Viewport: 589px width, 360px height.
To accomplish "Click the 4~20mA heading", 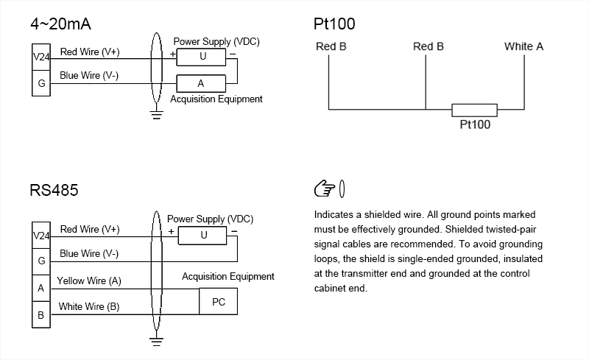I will (60, 24).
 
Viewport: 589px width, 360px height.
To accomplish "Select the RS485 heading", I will (54, 190).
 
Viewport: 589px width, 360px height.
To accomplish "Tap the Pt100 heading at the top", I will (334, 24).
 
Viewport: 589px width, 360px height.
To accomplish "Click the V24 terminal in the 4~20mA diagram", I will (41, 56).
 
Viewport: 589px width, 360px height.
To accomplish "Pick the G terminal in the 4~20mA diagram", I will (41, 83).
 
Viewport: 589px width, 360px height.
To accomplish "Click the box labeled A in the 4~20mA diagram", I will (200, 83).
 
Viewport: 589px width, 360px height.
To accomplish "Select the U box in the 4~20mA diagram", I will (202, 56).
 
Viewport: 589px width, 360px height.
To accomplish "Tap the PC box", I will (219, 302).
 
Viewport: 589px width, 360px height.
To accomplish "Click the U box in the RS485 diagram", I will (203, 235).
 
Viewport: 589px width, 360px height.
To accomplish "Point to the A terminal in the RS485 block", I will (41, 288).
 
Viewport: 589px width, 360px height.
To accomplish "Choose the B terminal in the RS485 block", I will (41, 315).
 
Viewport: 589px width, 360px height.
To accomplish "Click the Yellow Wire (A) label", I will (89, 280).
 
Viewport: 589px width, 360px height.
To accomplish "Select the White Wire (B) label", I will (88, 306).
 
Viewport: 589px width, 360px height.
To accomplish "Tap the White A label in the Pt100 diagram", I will (523, 46).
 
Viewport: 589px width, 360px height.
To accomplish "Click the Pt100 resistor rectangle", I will (474, 110).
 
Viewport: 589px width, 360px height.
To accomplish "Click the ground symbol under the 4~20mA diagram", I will (155, 113).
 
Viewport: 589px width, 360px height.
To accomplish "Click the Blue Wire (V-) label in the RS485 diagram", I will (89, 253).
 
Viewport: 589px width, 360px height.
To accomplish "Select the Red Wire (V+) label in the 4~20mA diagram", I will (90, 52).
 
